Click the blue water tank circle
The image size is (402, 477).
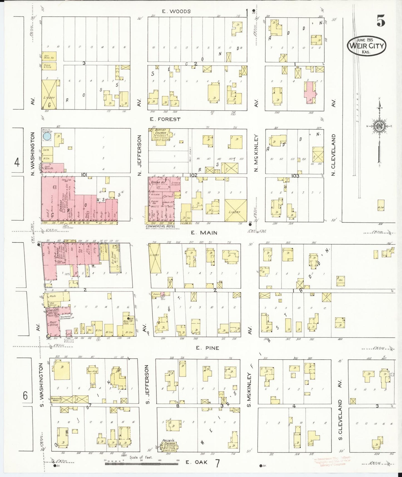pos(47,136)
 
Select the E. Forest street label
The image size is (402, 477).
pos(165,119)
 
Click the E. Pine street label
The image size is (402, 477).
pos(207,348)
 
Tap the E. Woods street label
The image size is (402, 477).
pos(176,11)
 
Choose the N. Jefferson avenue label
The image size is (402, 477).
pos(140,155)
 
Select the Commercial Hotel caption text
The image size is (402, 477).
pos(161,226)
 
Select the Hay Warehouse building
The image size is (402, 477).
pos(49,56)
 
